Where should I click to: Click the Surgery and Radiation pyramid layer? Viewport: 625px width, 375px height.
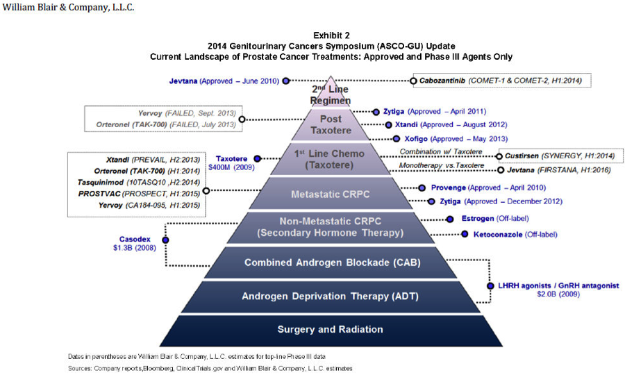click(x=331, y=331)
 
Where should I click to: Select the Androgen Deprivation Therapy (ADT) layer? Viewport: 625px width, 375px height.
click(x=331, y=297)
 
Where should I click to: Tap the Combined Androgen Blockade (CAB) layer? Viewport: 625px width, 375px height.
click(x=331, y=262)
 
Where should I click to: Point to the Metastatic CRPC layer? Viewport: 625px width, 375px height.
click(x=331, y=194)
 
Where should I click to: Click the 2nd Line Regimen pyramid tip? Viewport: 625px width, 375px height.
click(x=331, y=92)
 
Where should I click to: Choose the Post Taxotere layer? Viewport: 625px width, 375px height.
click(x=331, y=124)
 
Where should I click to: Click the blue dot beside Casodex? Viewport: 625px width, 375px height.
click(x=165, y=240)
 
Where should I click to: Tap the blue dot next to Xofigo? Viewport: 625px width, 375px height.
click(x=397, y=139)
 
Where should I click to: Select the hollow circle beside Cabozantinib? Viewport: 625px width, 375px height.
click(x=413, y=81)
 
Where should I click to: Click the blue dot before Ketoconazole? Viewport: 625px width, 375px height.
click(x=465, y=234)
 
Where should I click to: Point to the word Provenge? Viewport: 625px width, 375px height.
click(x=449, y=187)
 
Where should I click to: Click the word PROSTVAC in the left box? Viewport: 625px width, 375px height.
click(x=99, y=194)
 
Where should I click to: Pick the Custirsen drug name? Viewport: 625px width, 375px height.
click(x=522, y=156)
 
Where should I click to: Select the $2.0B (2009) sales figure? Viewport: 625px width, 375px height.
click(x=558, y=294)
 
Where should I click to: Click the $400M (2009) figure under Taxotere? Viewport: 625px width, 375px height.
click(x=231, y=167)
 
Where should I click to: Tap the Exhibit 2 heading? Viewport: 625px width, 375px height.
click(x=331, y=35)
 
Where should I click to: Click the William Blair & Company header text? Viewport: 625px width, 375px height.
click(x=68, y=8)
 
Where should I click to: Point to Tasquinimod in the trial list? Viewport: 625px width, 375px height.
click(x=101, y=183)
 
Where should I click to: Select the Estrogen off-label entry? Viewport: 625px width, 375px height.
click(x=495, y=218)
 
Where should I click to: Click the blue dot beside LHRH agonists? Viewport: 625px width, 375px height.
click(x=490, y=285)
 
